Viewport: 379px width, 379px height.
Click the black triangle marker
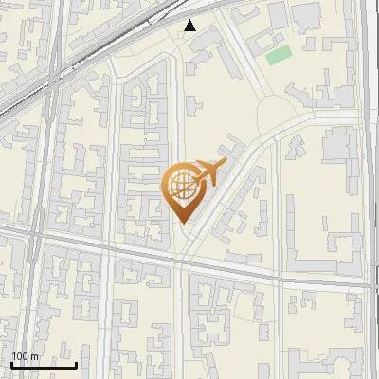[x=190, y=26]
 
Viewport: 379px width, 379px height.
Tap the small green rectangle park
[x=278, y=55]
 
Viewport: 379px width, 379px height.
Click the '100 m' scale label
[x=26, y=356]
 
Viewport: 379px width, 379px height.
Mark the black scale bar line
[x=44, y=364]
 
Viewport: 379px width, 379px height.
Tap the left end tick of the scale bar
[x=11, y=363]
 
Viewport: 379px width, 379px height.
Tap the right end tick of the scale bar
[x=76, y=363]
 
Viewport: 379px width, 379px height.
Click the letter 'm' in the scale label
[x=34, y=356]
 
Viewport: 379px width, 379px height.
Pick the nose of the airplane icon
[x=224, y=165]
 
